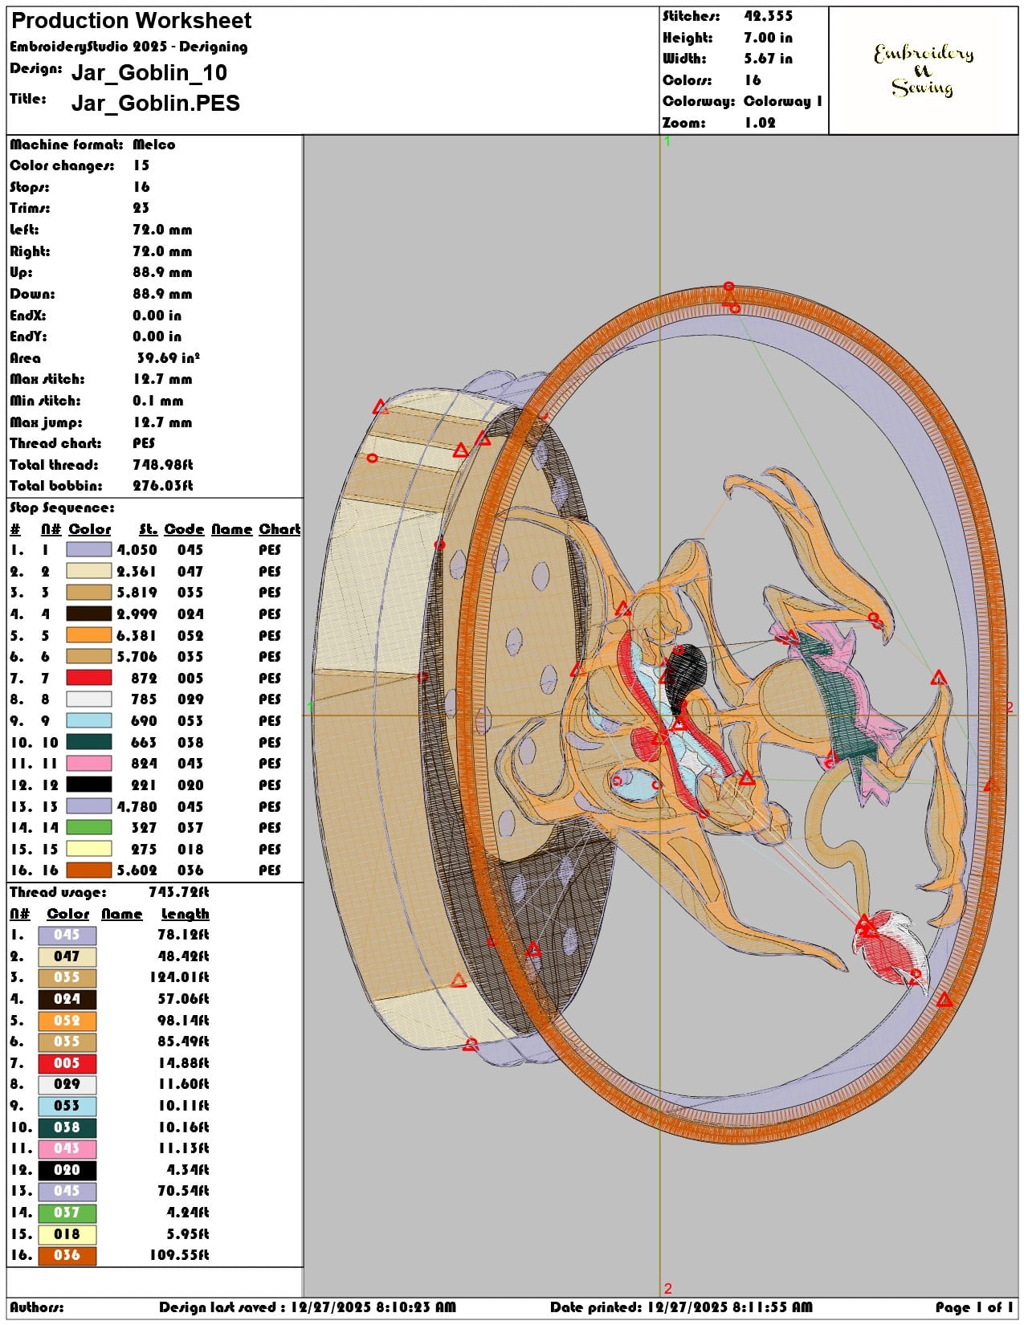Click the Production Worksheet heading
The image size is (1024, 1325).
point(131,21)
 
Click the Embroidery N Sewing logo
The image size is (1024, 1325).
point(923,70)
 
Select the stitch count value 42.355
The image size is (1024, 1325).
point(768,17)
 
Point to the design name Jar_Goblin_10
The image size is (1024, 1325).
point(149,72)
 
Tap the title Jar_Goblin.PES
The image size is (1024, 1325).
point(156,103)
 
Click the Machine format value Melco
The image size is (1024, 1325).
point(153,145)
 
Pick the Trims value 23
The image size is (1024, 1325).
point(141,208)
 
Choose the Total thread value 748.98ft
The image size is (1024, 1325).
point(162,465)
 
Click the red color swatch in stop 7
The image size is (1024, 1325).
point(89,678)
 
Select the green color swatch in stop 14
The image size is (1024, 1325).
point(89,827)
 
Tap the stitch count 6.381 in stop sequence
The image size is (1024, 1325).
point(137,635)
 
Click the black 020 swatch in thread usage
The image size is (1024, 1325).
point(67,1169)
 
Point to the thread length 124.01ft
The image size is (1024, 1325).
point(179,976)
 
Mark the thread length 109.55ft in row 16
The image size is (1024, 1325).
point(179,1254)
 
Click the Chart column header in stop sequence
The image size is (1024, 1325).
point(279,529)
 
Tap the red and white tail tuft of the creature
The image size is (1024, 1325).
point(891,947)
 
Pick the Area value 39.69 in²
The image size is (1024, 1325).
point(168,358)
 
